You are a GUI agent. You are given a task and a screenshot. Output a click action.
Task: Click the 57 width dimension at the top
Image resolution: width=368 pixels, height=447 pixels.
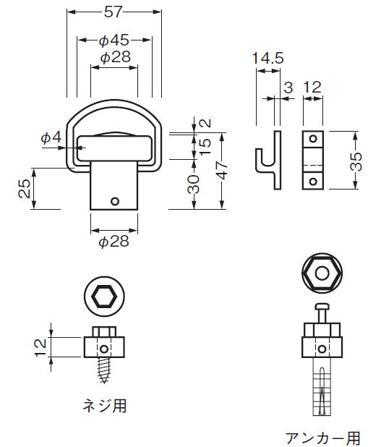coord(114,12)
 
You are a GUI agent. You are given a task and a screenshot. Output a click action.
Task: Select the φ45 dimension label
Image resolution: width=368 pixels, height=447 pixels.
coord(114,41)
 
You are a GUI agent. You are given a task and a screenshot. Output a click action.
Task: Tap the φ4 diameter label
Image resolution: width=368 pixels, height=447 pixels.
coord(51,137)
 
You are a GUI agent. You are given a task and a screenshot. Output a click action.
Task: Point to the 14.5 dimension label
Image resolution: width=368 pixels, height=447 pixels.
coord(268,58)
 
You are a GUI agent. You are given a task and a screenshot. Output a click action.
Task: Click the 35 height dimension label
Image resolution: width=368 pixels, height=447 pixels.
coord(356,161)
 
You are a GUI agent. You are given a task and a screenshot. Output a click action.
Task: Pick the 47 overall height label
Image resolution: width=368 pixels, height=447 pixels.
coord(223,171)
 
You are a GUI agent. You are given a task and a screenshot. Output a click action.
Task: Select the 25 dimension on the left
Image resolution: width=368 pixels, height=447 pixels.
coord(25,189)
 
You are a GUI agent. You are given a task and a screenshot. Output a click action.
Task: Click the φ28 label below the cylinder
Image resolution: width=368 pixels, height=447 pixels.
coord(114,242)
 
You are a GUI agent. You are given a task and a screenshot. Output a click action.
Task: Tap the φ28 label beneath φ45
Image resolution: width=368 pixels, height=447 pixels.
coord(116,57)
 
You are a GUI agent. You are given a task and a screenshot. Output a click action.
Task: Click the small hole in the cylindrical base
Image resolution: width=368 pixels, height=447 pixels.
coord(115,202)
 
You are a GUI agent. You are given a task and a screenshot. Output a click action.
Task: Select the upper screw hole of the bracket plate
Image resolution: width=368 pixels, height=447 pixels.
coord(313,139)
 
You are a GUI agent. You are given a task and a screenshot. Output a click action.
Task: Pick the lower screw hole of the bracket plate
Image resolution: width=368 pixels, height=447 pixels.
coord(313,182)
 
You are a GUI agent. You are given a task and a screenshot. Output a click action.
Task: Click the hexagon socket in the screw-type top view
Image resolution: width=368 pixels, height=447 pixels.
coord(104,297)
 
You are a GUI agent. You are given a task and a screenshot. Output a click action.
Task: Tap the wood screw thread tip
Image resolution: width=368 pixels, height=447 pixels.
coord(104,381)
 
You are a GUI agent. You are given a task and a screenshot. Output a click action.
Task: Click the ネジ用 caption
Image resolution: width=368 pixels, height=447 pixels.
coord(105,405)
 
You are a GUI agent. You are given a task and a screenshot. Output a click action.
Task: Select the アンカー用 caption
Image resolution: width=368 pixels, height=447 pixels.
coord(323,438)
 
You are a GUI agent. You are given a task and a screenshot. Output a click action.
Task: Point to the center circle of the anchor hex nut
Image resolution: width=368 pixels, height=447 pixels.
coord(322,273)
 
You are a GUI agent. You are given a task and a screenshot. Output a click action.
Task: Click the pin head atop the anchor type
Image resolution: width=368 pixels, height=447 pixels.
coord(322,307)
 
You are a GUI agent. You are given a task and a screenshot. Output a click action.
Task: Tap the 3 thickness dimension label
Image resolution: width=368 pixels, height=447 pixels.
coord(288,88)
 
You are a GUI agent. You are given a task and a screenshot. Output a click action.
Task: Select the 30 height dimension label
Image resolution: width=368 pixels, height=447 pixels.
coord(194,184)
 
